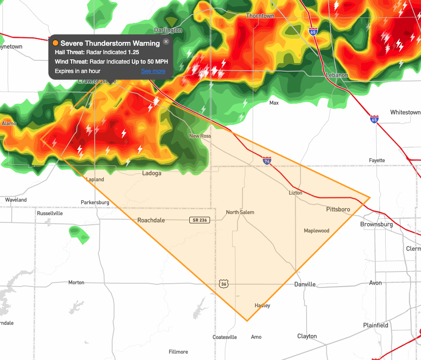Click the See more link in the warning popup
tap(153, 71)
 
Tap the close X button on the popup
tap(166, 42)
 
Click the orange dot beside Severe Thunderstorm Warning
tap(56, 43)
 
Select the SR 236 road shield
tap(199, 220)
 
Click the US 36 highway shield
tap(223, 283)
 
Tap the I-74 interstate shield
tap(267, 161)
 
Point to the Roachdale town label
tap(151, 220)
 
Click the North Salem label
tap(240, 212)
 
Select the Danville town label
tap(305, 284)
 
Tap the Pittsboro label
tap(338, 209)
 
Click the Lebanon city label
tap(337, 75)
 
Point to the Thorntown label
tap(260, 16)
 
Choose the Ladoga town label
tap(152, 173)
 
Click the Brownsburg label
tap(376, 224)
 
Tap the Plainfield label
tap(376, 325)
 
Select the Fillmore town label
tap(178, 352)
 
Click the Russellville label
tap(49, 213)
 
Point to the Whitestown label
tap(405, 112)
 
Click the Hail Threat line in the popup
tap(97, 52)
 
